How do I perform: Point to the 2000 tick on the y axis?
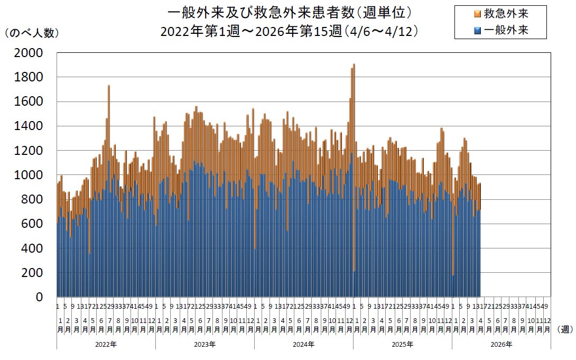pos(32,53)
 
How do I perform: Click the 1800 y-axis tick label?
pos(32,77)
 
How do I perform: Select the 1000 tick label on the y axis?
pos(32,175)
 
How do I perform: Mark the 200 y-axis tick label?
pos(35,273)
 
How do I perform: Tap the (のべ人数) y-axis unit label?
pos(32,33)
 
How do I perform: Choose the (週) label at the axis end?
pos(564,329)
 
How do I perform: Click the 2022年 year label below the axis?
pos(106,344)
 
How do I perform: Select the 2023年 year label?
pos(205,344)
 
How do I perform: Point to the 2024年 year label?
pos(303,344)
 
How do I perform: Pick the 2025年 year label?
pos(402,344)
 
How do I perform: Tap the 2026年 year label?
pos(501,344)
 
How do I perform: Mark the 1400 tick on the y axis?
pos(32,126)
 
